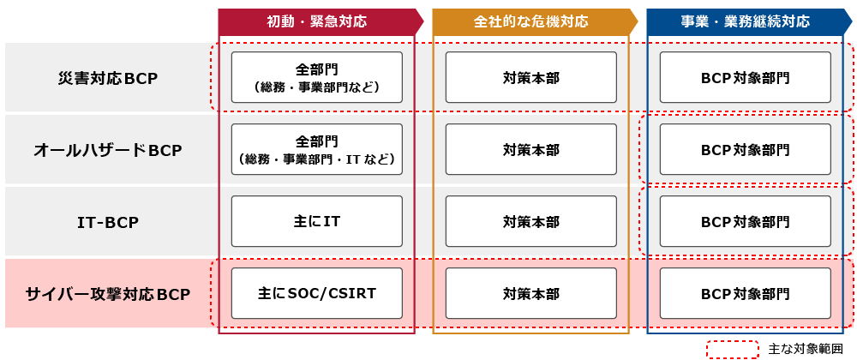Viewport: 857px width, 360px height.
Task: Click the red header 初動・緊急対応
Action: (316, 21)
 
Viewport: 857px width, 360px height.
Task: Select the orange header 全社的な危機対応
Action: (530, 21)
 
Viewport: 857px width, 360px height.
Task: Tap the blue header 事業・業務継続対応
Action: (745, 21)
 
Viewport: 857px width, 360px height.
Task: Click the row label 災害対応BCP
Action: (107, 78)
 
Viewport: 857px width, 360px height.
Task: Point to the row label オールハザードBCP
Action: (107, 150)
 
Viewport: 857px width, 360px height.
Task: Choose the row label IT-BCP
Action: (107, 222)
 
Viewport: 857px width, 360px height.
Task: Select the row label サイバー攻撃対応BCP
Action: (107, 294)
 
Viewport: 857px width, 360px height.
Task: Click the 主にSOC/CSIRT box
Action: (316, 294)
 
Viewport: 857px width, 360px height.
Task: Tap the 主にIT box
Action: (316, 222)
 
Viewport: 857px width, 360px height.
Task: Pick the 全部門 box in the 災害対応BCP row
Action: (316, 78)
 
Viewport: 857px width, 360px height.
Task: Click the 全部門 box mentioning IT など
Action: (316, 150)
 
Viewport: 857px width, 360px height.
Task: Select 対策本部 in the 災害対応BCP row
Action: (530, 78)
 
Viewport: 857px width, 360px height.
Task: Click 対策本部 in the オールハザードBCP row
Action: (530, 150)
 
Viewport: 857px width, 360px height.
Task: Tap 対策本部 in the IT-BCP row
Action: (530, 222)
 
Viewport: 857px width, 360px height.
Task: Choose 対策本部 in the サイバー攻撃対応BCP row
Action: (530, 294)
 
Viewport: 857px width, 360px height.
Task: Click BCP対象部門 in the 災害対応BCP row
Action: (745, 78)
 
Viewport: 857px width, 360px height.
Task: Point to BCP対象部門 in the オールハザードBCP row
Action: (745, 150)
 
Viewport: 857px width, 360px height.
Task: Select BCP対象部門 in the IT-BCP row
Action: (745, 222)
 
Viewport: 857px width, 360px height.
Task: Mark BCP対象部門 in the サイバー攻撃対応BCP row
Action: (745, 294)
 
